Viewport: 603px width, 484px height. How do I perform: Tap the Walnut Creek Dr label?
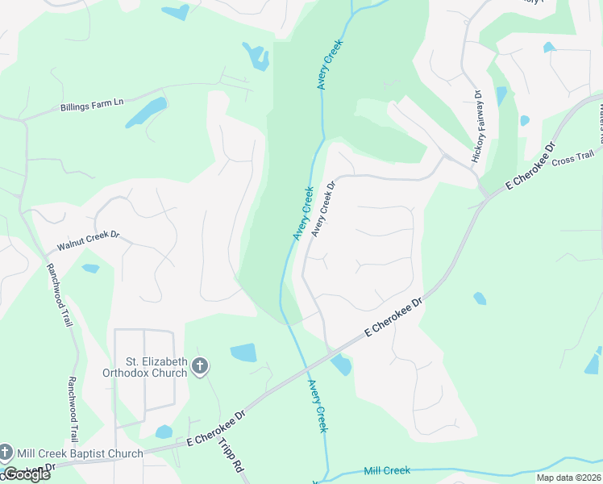[88, 241]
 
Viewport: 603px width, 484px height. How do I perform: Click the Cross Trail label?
[574, 159]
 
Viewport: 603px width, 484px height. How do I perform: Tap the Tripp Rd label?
[230, 456]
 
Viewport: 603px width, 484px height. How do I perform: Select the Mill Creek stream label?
[387, 470]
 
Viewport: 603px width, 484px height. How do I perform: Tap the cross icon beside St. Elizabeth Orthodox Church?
[200, 368]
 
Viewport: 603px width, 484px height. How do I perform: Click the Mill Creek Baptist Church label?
[79, 453]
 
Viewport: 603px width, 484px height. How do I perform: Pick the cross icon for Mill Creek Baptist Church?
[6, 453]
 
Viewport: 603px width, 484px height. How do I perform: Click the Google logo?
[26, 474]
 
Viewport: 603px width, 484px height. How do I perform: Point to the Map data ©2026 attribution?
[568, 478]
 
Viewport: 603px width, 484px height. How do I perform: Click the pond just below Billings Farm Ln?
[146, 113]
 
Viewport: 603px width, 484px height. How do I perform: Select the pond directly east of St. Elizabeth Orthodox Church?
[243, 353]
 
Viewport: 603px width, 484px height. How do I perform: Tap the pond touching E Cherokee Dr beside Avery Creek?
[341, 365]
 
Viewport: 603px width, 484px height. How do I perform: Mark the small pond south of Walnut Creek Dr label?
[91, 268]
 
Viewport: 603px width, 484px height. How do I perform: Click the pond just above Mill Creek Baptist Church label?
[164, 432]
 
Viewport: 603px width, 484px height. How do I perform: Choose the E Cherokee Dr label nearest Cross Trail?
[530, 168]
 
